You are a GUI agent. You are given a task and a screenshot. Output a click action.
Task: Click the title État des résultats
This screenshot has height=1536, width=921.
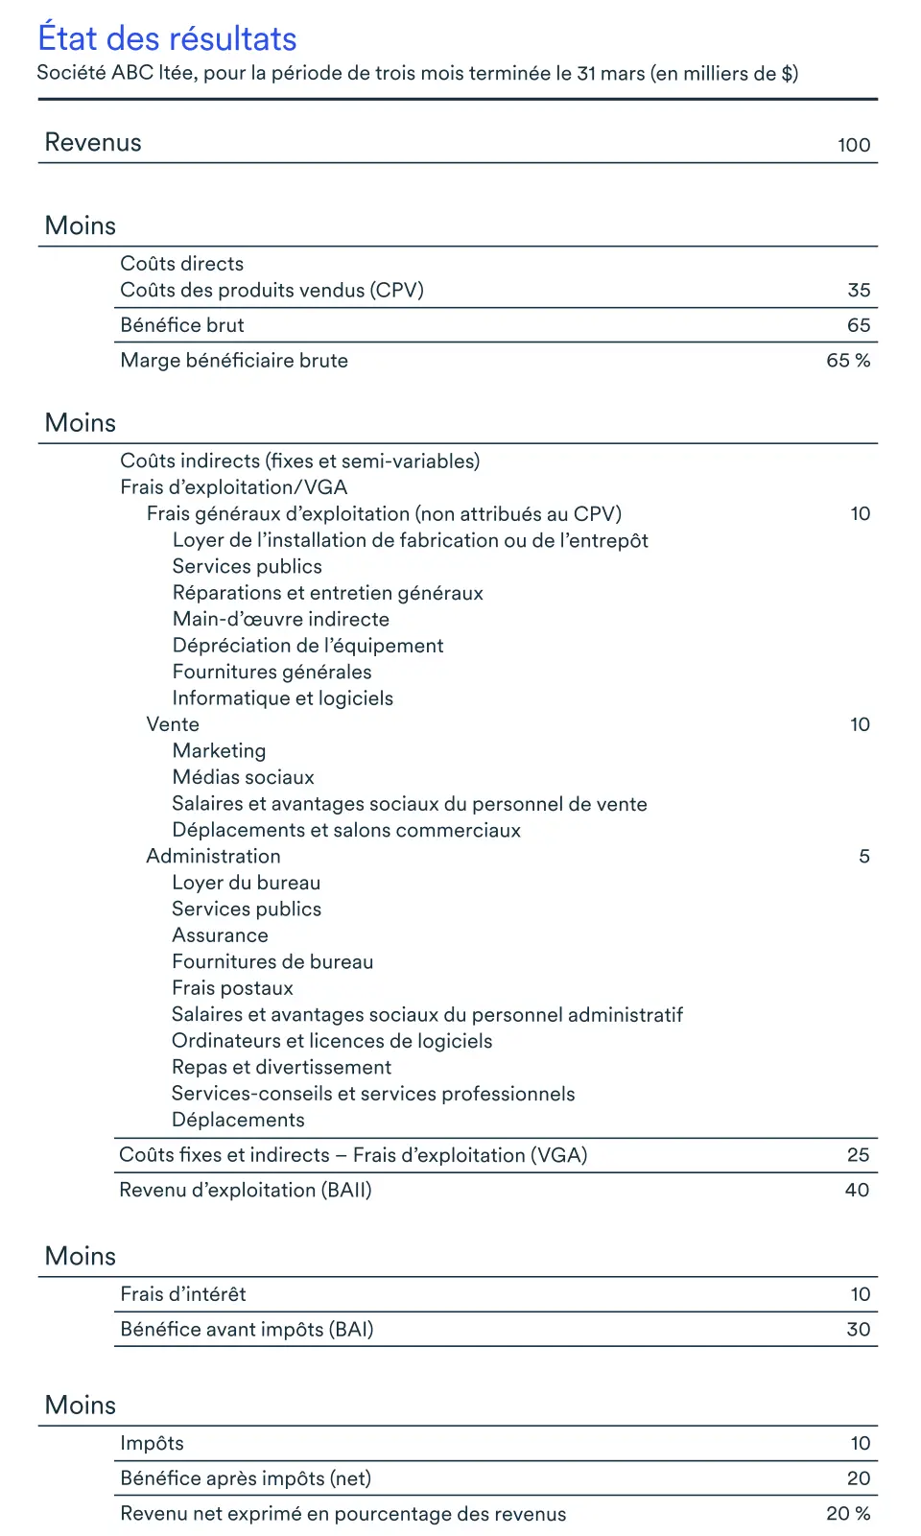click(167, 38)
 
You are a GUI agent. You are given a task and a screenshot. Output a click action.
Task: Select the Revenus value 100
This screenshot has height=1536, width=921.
click(854, 145)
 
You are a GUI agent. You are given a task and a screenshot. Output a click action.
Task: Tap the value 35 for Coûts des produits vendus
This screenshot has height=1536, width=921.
click(859, 290)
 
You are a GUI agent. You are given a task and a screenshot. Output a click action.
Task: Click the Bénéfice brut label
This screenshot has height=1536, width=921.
click(182, 325)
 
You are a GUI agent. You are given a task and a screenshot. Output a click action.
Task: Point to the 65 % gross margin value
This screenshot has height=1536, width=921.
click(848, 361)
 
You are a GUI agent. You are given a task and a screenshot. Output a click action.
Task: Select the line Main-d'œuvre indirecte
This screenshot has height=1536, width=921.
click(281, 619)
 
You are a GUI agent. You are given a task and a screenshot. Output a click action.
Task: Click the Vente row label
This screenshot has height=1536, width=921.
click(173, 724)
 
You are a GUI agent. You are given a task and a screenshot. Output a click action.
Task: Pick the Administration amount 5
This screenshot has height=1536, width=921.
click(864, 856)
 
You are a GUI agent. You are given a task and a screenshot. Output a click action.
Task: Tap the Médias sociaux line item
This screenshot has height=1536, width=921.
click(244, 777)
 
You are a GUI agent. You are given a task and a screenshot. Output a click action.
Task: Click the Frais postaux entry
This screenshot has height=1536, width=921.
click(232, 988)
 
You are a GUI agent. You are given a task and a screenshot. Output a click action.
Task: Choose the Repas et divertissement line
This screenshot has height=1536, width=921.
click(281, 1067)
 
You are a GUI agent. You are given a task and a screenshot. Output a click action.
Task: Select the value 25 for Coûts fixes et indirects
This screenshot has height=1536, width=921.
click(858, 1155)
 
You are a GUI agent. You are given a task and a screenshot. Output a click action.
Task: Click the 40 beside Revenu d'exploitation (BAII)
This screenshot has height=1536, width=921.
click(857, 1190)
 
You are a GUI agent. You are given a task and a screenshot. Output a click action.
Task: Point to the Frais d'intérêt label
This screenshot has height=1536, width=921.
click(183, 1294)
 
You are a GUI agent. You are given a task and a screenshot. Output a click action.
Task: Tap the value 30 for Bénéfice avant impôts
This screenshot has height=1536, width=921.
click(858, 1330)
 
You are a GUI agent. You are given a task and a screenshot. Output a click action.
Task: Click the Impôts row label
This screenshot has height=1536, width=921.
click(152, 1443)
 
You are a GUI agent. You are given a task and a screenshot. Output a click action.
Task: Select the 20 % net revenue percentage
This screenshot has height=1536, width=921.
click(848, 1513)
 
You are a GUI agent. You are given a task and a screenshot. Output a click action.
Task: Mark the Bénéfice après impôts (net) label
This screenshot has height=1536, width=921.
click(246, 1478)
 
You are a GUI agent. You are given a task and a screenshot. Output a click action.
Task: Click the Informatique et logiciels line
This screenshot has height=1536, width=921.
click(283, 698)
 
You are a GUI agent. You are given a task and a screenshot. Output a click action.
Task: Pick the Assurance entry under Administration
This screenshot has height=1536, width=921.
click(220, 935)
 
